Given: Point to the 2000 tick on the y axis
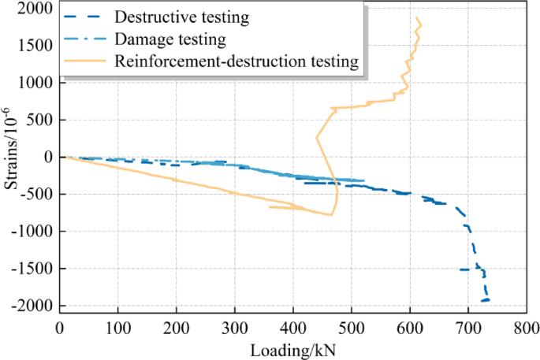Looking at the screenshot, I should tap(36, 9).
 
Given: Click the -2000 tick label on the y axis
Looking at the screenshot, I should tap(34, 306).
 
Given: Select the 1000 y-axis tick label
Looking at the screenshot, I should tap(36, 83).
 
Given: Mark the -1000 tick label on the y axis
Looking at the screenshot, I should tap(34, 232).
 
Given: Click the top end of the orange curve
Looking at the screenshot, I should tap(417, 18).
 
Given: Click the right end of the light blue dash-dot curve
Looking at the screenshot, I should tap(363, 180).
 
